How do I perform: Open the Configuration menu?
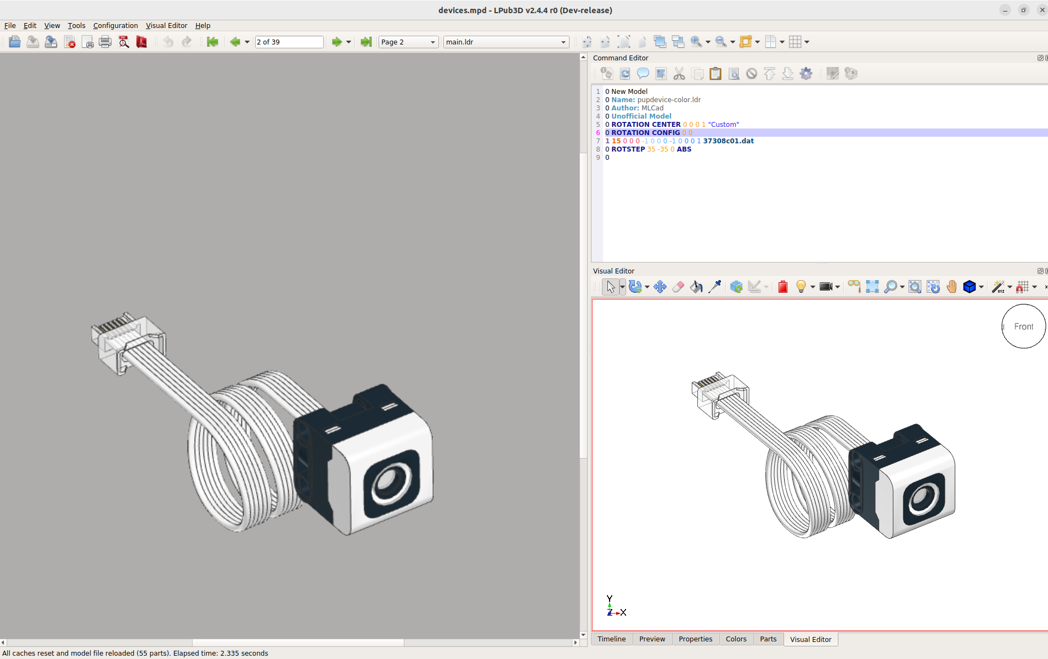(x=115, y=26)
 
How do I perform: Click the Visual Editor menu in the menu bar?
(x=166, y=26)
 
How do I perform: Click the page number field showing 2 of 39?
(x=289, y=42)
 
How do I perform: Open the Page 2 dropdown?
(x=408, y=42)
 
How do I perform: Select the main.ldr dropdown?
(x=505, y=42)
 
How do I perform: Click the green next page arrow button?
(x=336, y=42)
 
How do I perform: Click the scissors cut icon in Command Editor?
(x=679, y=74)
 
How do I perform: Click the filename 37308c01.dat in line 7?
(x=728, y=141)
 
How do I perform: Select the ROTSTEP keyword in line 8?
(x=628, y=149)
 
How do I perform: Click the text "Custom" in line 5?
(x=723, y=125)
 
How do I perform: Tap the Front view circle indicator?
(x=1023, y=327)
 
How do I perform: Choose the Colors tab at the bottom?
(x=736, y=639)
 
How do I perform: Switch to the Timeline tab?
(x=611, y=639)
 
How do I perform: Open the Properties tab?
(x=695, y=639)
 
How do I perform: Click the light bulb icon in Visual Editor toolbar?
(x=801, y=287)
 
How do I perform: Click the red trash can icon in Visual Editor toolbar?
(x=783, y=287)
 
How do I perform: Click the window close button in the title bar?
(x=1041, y=10)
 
